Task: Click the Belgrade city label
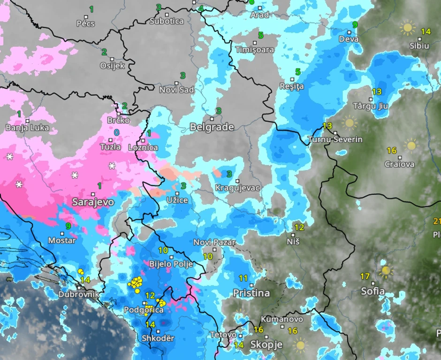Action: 212,127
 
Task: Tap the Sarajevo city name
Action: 93,202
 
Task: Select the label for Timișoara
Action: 254,50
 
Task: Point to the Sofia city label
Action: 373,291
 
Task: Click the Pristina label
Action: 251,293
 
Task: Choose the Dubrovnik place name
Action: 78,295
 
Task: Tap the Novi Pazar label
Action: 214,242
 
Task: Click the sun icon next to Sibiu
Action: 407,28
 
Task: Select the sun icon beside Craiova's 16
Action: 411,145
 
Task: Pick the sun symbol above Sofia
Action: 386,270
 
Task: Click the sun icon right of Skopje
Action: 300,346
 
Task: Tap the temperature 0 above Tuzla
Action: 116,133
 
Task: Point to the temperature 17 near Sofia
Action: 365,276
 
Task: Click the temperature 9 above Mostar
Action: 68,226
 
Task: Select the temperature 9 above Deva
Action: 355,25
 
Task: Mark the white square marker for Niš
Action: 293,235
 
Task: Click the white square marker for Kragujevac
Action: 238,181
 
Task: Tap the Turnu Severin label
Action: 335,140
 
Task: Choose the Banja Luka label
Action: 27,128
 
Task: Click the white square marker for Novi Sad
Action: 177,84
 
